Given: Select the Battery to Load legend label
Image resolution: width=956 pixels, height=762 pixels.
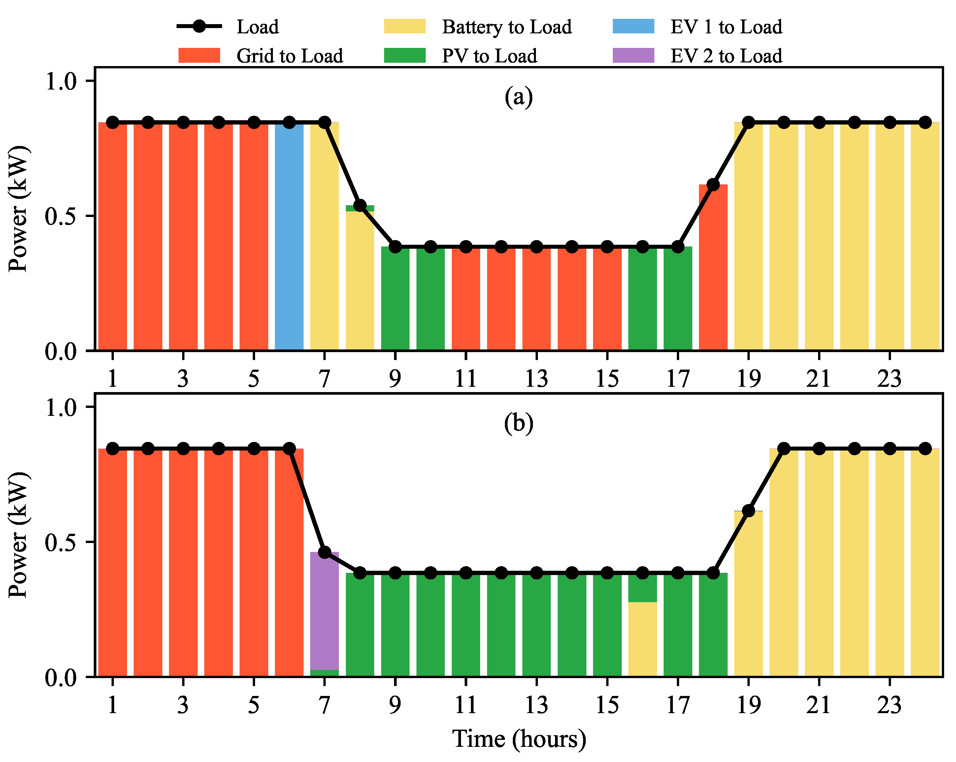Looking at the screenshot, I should point(506,27).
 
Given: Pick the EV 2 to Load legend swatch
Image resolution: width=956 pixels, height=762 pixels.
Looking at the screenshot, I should point(633,56).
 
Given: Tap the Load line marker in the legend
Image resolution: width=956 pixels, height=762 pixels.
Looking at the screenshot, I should point(200,27).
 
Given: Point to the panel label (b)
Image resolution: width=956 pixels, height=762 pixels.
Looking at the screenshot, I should point(518,423).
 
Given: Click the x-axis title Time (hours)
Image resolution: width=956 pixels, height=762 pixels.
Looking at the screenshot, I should point(519,739).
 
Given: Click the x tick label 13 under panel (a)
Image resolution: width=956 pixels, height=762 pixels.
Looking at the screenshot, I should point(536,379).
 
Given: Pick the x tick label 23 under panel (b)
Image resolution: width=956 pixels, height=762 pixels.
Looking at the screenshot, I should point(889,705).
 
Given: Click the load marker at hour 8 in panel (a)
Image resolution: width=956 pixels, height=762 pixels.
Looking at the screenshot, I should point(360,205).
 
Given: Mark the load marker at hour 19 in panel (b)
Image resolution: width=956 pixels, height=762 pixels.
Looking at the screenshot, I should point(748,511).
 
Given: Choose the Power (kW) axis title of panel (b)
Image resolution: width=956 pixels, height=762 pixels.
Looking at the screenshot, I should point(18,535).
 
